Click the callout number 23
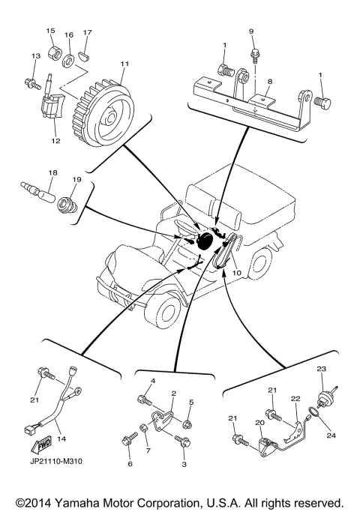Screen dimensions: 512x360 pos(321,369)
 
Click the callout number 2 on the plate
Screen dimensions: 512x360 pos(173,393)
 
